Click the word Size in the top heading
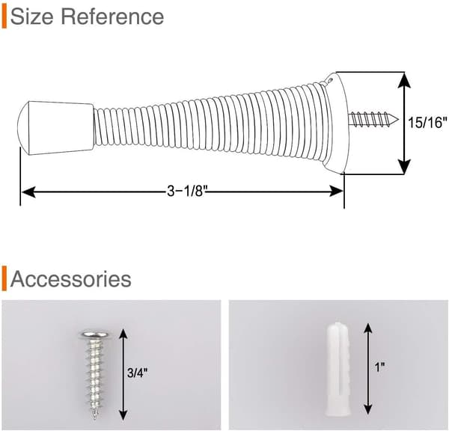point(31,16)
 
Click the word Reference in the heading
point(112,16)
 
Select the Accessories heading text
point(71,279)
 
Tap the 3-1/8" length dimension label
point(187,191)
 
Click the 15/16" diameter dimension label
point(427,123)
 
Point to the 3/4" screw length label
point(138,373)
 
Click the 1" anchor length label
point(379,367)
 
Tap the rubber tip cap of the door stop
point(55,128)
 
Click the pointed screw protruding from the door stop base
point(373,119)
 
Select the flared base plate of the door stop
point(335,123)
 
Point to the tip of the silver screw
point(95,418)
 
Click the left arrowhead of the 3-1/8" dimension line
point(28,192)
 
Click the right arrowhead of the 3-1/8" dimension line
point(336,192)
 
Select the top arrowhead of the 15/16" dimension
point(404,80)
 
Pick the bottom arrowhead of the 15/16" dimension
point(404,166)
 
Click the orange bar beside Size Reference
point(4,17)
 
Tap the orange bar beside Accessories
point(4,278)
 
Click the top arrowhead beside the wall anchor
point(368,328)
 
